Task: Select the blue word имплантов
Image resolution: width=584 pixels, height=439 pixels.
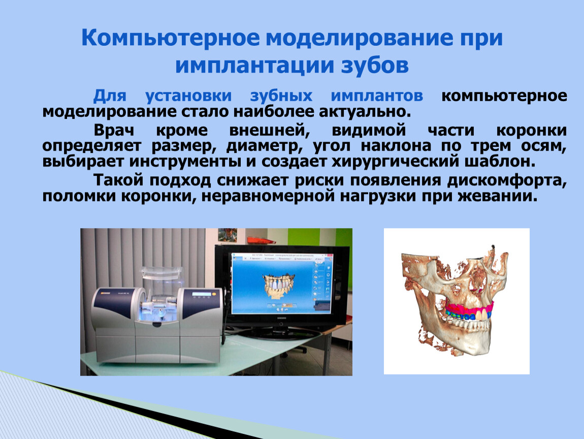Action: coord(377,96)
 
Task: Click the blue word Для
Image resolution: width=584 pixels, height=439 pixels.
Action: coord(110,96)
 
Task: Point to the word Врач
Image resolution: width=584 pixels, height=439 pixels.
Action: coord(114,130)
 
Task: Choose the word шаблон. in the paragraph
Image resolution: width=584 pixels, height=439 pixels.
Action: coord(500,162)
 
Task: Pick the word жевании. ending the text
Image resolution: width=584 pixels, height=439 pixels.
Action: coord(498,196)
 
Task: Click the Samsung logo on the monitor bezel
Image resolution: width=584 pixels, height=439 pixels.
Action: coord(281,318)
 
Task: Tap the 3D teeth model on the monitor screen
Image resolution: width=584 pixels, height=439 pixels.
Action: coord(278,286)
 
